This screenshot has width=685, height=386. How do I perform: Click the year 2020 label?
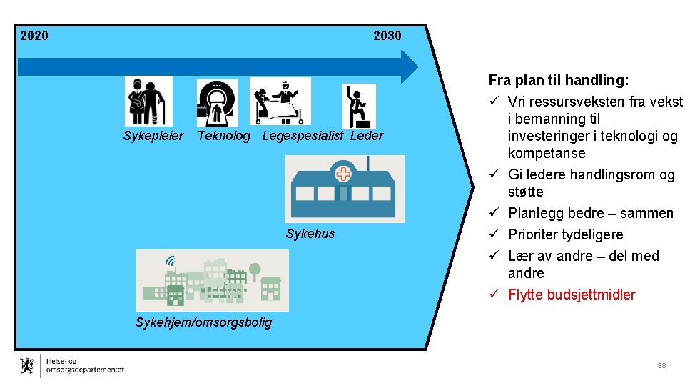click(34, 36)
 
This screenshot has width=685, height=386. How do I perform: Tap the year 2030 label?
click(387, 36)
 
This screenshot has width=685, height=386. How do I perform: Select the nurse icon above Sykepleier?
click(148, 101)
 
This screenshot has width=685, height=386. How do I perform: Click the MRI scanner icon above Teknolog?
click(218, 103)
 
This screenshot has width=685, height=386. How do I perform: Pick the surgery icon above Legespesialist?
click(280, 101)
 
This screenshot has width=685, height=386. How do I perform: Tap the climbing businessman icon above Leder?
click(358, 106)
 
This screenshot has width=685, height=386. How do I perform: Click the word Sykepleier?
click(153, 136)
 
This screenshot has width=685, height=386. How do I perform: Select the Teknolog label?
click(224, 136)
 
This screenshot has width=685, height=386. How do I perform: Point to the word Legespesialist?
click(303, 136)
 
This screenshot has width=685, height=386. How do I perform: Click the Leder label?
click(367, 136)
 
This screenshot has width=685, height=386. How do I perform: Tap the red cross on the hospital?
click(344, 174)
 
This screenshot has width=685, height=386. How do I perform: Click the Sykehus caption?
click(310, 234)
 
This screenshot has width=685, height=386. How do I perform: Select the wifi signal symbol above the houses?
click(171, 260)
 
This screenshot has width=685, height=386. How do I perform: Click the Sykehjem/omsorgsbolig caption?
click(203, 322)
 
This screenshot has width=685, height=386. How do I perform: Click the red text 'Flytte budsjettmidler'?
click(572, 295)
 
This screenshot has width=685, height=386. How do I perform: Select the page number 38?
click(661, 365)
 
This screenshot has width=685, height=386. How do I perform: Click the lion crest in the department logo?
click(27, 365)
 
